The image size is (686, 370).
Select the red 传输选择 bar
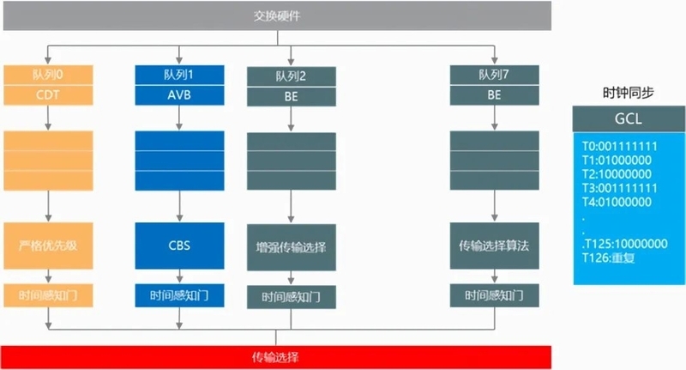[x=275, y=355]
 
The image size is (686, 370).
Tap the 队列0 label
[x=48, y=75]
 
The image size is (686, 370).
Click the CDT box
[x=48, y=94]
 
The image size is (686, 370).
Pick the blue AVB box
[x=179, y=94]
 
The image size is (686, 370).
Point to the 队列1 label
[x=179, y=75]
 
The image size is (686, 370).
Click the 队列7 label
[x=494, y=76]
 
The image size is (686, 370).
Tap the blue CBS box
[x=179, y=245]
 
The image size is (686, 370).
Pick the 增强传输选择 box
[x=291, y=247]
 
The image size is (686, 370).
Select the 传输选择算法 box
[x=494, y=246]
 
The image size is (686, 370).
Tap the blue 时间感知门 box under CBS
[x=179, y=295]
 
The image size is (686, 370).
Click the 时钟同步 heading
[x=629, y=94]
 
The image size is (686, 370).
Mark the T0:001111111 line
[x=621, y=146]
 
